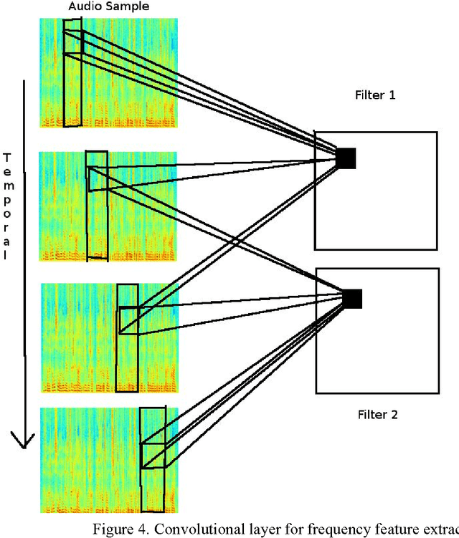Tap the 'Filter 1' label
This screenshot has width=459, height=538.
(375, 95)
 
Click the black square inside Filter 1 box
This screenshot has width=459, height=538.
(346, 158)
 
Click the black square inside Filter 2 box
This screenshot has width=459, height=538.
(352, 299)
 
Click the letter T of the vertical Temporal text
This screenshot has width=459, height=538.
(7, 157)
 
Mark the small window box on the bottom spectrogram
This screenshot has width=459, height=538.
(153, 456)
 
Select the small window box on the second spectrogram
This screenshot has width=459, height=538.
(97, 178)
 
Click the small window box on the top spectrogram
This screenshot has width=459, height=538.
(72, 42)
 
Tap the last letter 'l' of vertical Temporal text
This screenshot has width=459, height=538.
(7, 256)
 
